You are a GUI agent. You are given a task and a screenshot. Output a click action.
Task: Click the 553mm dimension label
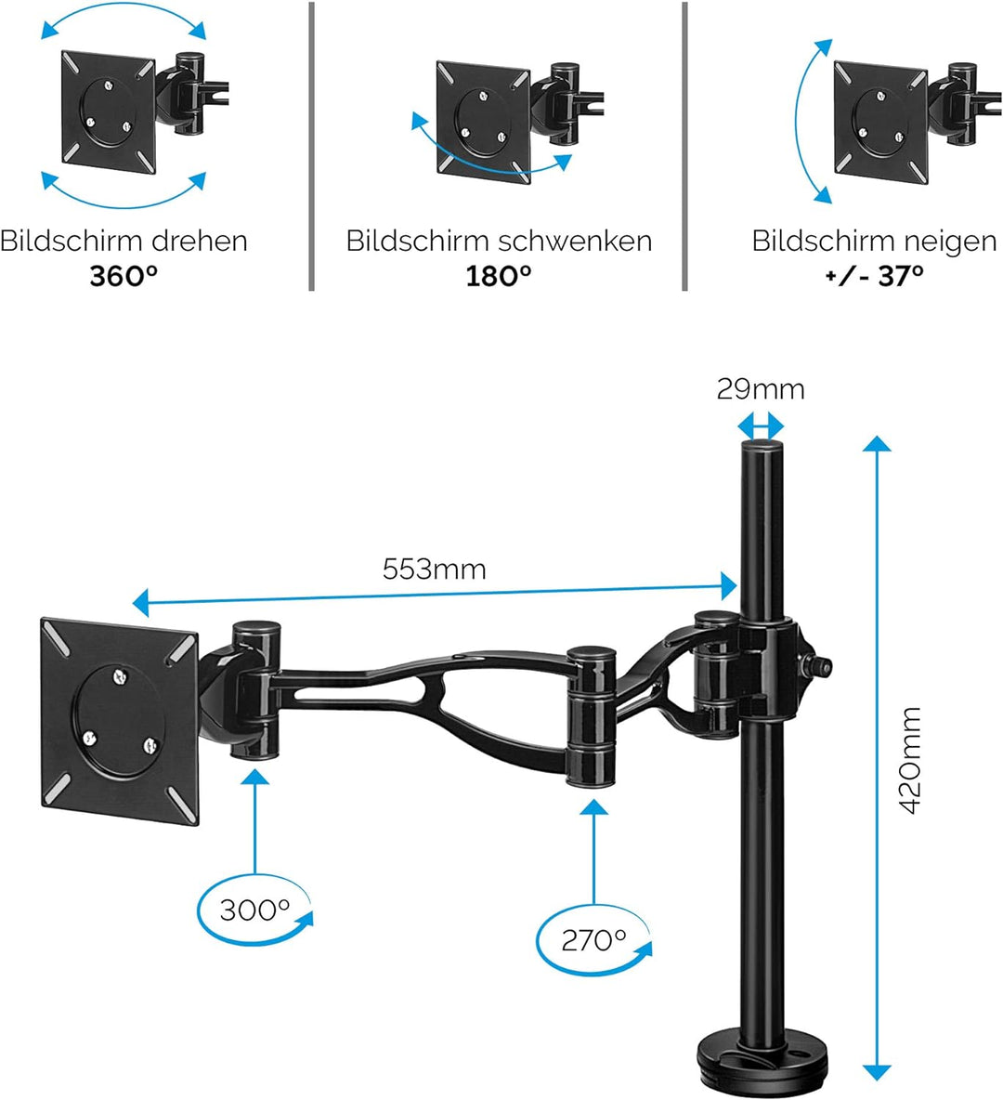[x=434, y=569]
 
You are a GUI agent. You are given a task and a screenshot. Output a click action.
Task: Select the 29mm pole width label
[x=760, y=388]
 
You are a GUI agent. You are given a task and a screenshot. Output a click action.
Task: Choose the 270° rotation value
[x=593, y=940]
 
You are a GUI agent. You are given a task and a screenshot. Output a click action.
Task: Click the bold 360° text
[x=124, y=276]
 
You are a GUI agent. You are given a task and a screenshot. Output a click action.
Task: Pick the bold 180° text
[x=499, y=276]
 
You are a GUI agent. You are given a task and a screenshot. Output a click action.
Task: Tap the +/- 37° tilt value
[x=874, y=276]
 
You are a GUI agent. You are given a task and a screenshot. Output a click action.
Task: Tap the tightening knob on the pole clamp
[x=823, y=664]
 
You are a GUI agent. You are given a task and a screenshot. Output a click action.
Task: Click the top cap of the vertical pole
[x=760, y=450]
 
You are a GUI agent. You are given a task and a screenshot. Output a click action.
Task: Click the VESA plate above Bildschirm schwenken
[x=483, y=122]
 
